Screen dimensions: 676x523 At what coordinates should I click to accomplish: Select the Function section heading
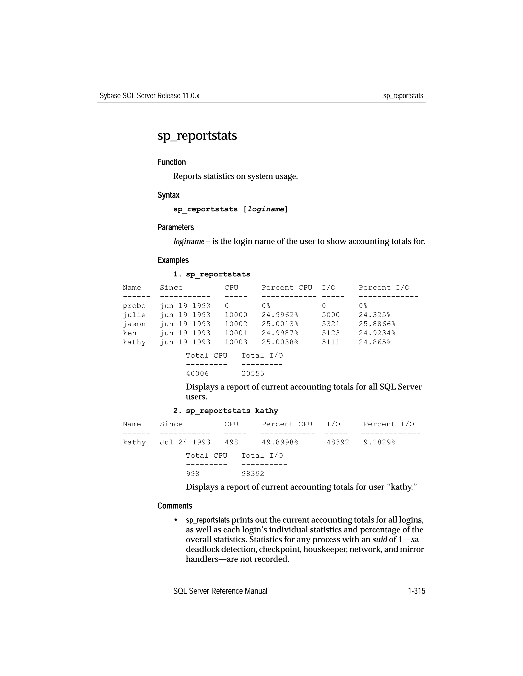[171, 162]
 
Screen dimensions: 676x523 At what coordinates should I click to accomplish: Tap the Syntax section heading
[168, 195]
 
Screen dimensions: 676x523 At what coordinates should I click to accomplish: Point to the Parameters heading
[175, 227]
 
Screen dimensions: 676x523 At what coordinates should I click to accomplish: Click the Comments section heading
[175, 506]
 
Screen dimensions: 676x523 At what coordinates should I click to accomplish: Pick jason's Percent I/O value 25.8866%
[377, 324]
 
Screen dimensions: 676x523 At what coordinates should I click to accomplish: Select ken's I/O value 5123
[331, 333]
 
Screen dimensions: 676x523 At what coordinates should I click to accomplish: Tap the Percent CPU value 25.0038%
[280, 342]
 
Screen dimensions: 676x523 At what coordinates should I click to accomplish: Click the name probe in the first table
[134, 306]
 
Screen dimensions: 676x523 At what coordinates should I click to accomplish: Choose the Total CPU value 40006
[197, 374]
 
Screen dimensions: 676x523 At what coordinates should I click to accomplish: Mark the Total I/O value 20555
[253, 374]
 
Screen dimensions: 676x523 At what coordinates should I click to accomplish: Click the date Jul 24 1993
[185, 442]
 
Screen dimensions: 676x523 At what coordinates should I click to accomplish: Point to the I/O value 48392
[338, 442]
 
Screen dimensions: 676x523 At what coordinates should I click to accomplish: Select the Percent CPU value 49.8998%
[280, 442]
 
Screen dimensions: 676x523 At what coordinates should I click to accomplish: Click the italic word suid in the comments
[379, 540]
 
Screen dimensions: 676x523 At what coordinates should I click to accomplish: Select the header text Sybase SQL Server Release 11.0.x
[149, 96]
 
